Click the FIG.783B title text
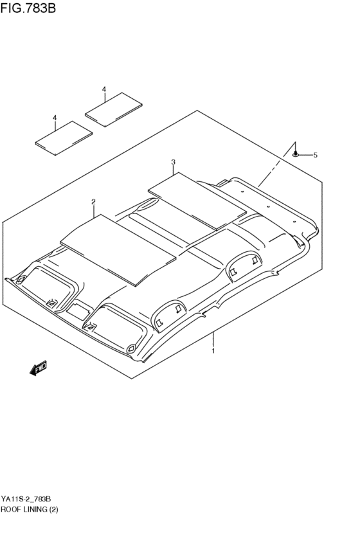(28, 8)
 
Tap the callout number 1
(213, 350)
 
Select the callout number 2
(93, 202)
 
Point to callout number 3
(174, 162)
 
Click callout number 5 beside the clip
(316, 156)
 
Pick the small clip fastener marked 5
(296, 154)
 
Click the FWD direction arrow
(38, 368)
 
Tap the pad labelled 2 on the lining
(118, 250)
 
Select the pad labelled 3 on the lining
(197, 201)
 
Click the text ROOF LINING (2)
(30, 509)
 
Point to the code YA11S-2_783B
(26, 499)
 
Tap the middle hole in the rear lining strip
(268, 206)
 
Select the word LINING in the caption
(34, 509)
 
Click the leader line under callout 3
(174, 170)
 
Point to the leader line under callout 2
(93, 211)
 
